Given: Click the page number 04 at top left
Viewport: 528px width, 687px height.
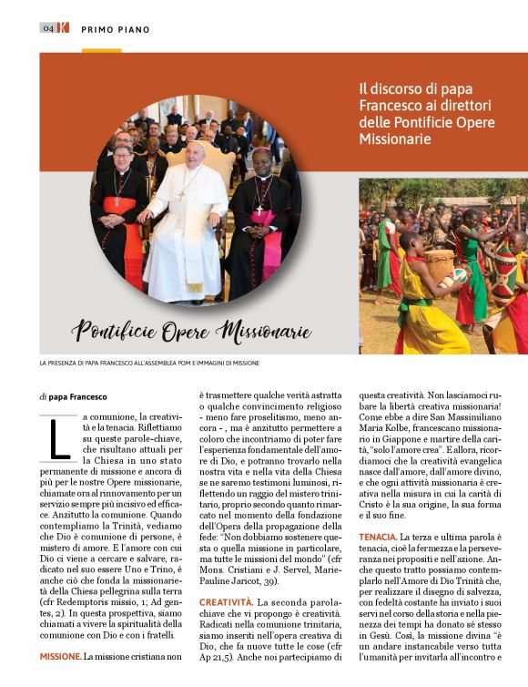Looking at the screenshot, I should click(48, 27).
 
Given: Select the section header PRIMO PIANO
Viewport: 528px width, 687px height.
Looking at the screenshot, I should click(116, 29).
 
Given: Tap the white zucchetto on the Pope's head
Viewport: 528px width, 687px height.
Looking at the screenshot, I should click(195, 145).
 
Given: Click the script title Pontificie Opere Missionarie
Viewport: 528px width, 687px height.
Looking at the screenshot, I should click(191, 329).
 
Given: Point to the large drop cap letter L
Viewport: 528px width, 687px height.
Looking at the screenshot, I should click(59, 436).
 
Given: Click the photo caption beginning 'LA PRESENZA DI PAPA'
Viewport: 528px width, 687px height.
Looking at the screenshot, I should click(149, 363).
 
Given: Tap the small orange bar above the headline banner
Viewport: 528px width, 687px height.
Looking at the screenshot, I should click(101, 50).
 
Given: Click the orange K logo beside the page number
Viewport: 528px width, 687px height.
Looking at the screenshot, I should click(63, 27).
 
